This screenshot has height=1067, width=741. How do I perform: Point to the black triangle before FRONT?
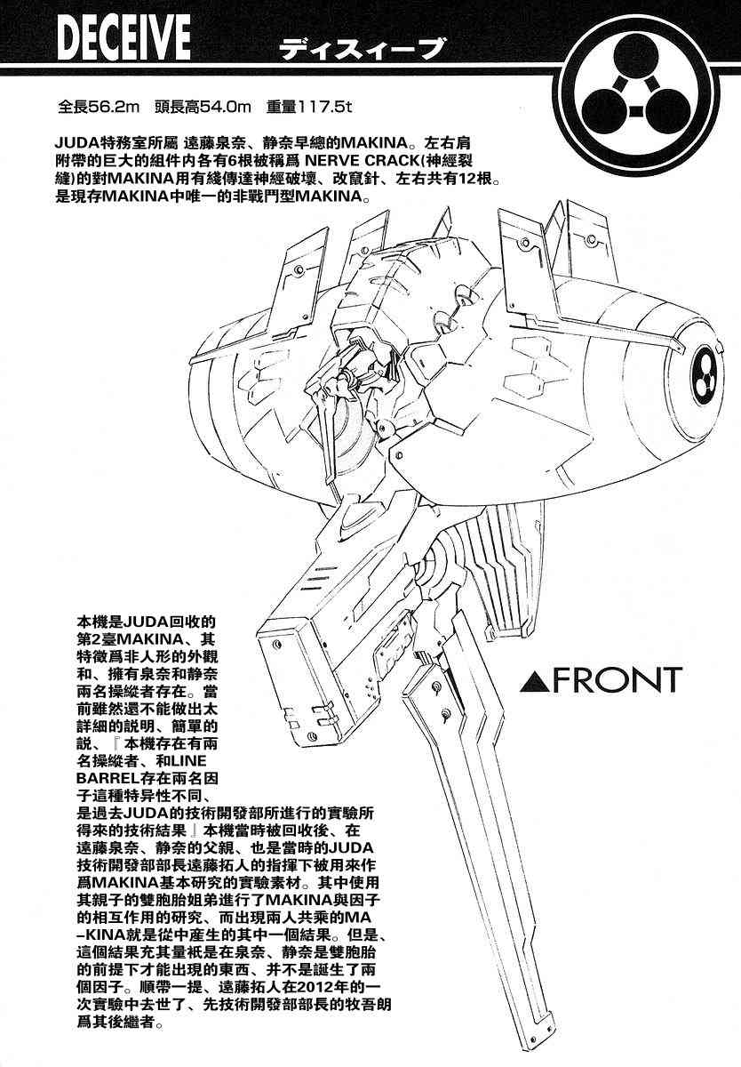coord(530,681)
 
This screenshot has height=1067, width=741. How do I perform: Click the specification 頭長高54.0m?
coord(202,108)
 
